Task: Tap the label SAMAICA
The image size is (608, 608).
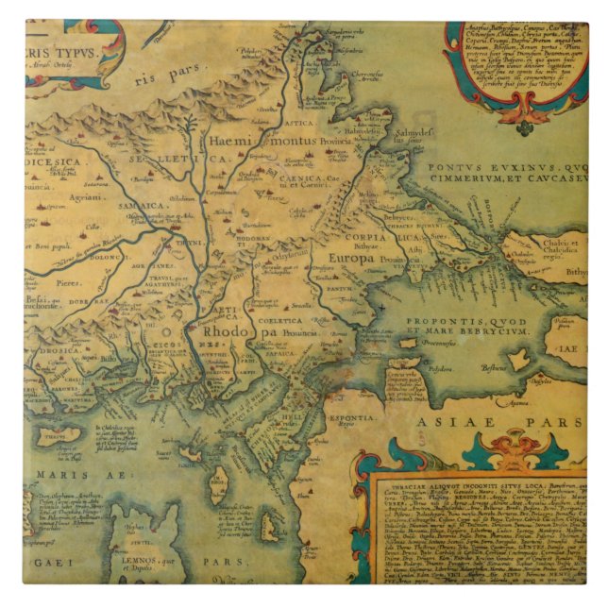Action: tap(143, 205)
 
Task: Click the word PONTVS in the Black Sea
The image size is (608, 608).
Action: tap(454, 168)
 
